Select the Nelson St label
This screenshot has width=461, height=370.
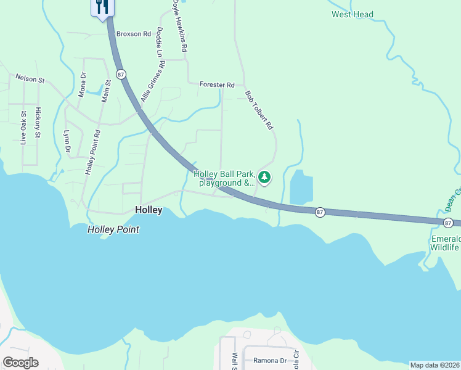[x=30, y=80]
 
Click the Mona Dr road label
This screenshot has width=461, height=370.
[x=83, y=85]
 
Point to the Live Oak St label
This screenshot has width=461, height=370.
[x=23, y=127]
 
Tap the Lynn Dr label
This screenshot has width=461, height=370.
[x=67, y=141]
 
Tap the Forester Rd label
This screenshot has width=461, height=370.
[x=217, y=84]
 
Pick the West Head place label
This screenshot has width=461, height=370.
[x=353, y=14]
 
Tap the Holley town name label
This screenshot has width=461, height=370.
[x=149, y=210]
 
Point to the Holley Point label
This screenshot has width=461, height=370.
[x=113, y=229]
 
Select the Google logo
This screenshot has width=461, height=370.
[x=20, y=363]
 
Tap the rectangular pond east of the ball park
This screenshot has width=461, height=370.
[x=301, y=186]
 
